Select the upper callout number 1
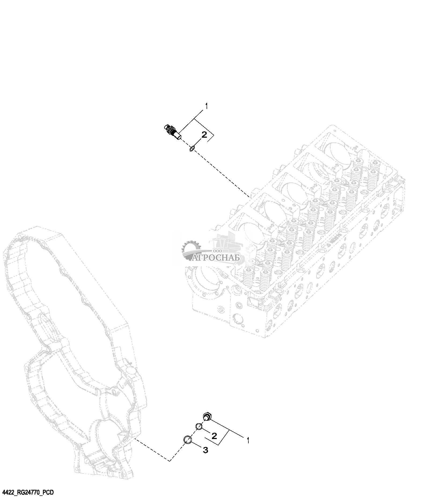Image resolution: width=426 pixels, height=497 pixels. pos(207,107)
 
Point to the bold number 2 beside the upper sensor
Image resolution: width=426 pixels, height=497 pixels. pos(204,135)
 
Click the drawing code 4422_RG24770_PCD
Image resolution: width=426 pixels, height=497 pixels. pos(28,492)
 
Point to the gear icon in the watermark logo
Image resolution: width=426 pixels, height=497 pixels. pos(191,250)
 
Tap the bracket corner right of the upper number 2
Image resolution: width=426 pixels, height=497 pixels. pos(214,137)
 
